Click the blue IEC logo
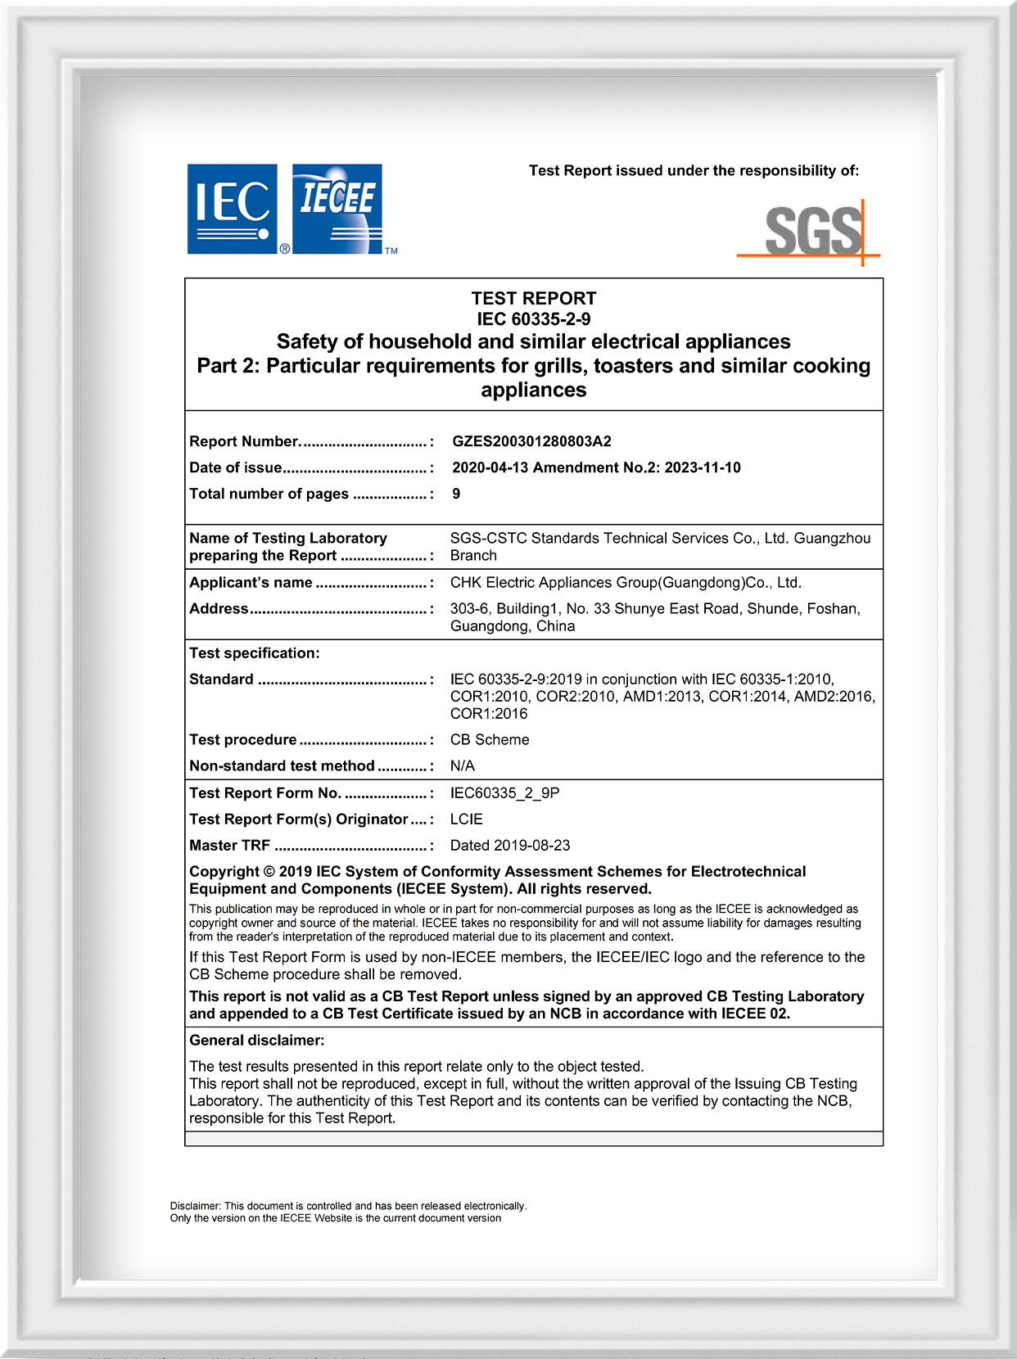pos(233,209)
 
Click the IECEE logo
pos(337,209)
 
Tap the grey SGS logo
pos(813,231)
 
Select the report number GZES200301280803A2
pos(531,441)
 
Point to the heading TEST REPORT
pos(534,298)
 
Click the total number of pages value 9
pos(456,494)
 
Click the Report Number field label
pos(244,441)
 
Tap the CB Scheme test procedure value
pos(490,739)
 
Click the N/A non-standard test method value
pos(463,765)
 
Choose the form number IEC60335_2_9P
pos(505,792)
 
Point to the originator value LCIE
pos(467,819)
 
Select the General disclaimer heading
pos(256,1040)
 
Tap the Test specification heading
pos(254,652)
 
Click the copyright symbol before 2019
pos(269,871)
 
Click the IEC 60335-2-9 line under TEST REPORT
pos(534,319)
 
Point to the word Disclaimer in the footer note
pos(195,1206)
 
